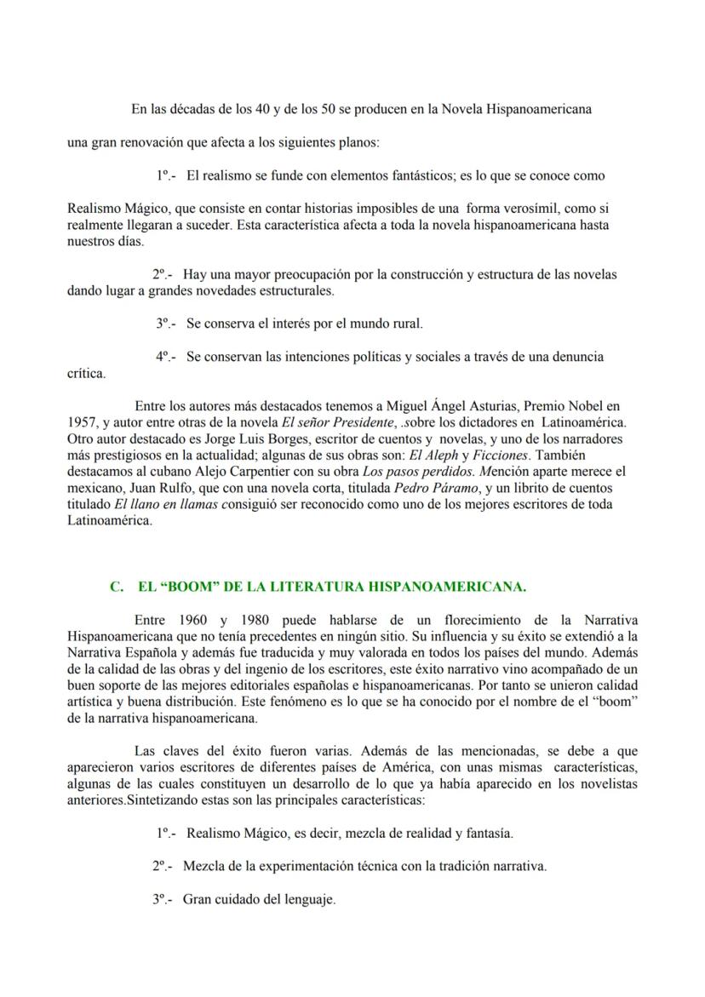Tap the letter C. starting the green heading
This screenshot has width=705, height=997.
[117, 587]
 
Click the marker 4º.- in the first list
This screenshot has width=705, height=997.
[165, 357]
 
